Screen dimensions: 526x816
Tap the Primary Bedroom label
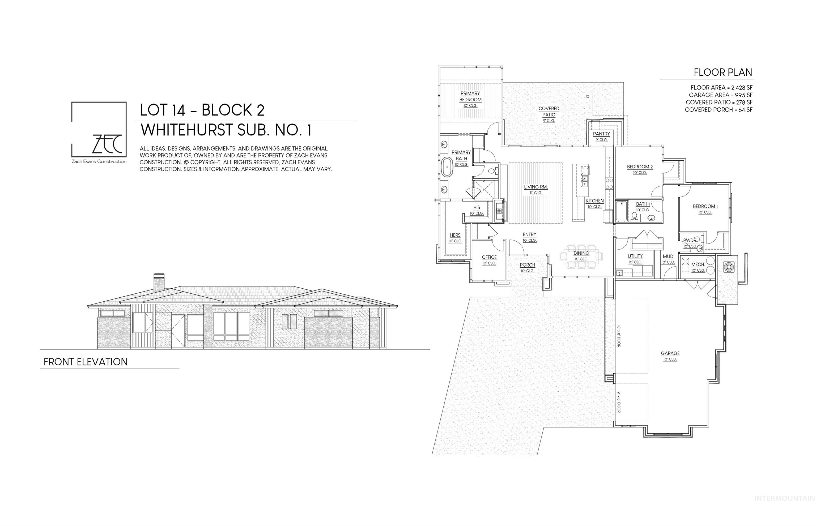[470, 97]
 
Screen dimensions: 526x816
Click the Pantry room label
[601, 134]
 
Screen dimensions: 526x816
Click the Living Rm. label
[536, 187]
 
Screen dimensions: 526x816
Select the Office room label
[489, 257]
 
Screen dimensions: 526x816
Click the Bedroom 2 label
[640, 167]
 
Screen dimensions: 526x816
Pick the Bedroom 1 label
[705, 206]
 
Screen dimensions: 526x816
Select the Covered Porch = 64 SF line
[719, 110]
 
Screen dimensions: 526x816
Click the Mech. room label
[698, 264]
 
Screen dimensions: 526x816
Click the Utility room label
[635, 256]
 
